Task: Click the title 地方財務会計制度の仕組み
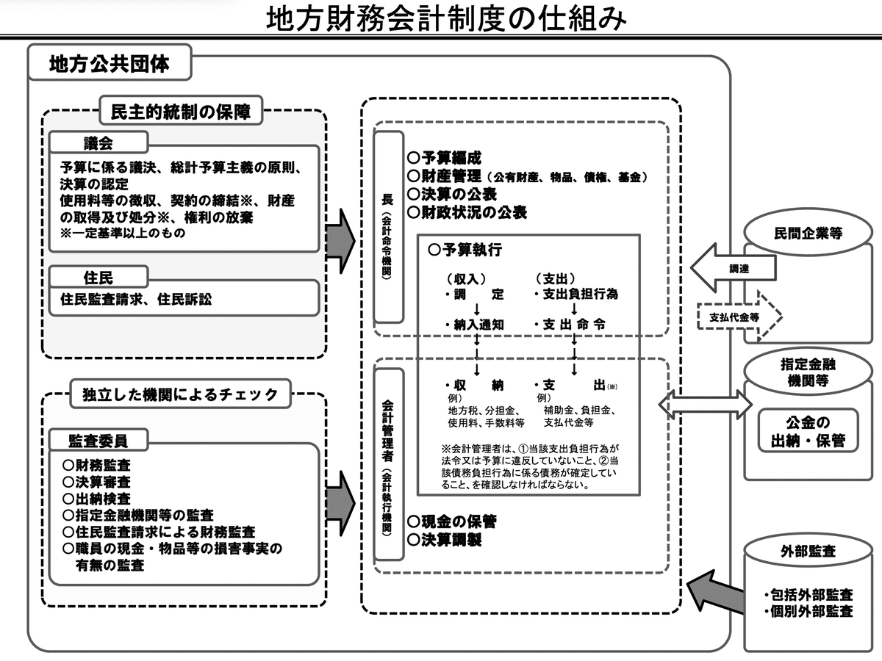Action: tap(446, 20)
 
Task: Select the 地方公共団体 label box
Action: tap(110, 63)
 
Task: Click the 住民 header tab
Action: tap(98, 277)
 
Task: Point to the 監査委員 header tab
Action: tap(98, 441)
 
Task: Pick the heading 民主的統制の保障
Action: tap(180, 112)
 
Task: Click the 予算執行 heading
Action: tap(465, 250)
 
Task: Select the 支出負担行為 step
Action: tap(576, 295)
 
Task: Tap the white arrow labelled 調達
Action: tap(734, 268)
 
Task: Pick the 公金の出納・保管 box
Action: tap(807, 432)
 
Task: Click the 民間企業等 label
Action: tap(808, 234)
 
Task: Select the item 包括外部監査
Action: tap(808, 593)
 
